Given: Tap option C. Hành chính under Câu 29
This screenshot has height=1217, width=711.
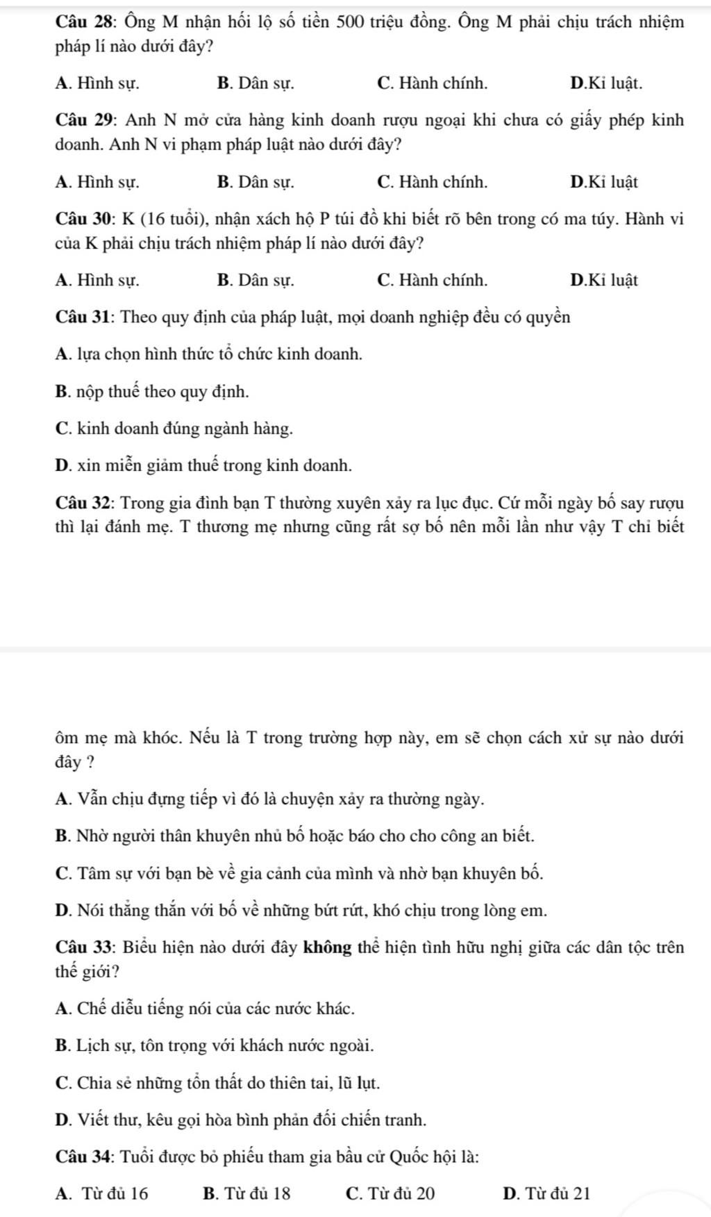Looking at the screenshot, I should pos(432,183).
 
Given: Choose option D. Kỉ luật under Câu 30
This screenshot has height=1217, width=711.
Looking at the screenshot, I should pos(603,281).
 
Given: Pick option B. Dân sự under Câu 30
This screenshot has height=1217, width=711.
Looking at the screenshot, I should pos(255,281).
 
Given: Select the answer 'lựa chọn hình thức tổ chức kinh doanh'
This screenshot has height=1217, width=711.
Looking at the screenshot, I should pos(208,354).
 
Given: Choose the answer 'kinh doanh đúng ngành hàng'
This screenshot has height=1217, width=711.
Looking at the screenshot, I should pos(174,429).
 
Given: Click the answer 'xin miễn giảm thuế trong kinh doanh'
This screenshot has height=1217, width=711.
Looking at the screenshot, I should pos(203,465).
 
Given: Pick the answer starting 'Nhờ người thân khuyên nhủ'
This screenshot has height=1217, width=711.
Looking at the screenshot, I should pos(294,836).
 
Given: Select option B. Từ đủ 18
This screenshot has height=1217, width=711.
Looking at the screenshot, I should pos(247,1194).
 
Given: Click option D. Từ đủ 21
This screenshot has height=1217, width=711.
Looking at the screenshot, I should pos(546,1194).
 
